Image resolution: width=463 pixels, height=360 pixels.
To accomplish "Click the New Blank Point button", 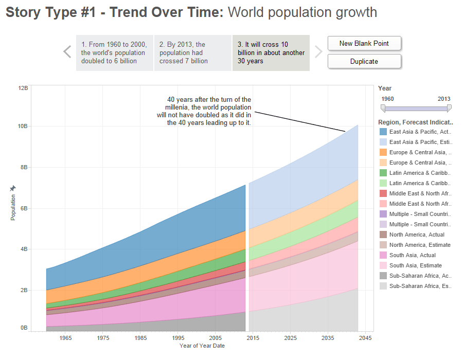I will (364, 44).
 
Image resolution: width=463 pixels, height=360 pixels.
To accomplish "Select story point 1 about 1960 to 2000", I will (115, 53).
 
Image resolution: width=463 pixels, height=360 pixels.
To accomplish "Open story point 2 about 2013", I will (192, 53).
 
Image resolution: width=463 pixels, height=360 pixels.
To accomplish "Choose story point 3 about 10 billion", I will (271, 53).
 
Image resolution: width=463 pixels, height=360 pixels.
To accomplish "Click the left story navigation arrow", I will (67, 52).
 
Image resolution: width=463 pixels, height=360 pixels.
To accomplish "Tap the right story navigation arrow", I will (318, 52).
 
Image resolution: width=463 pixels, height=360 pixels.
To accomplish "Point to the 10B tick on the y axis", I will (23, 126).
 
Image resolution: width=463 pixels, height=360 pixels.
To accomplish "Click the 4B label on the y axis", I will (23, 249).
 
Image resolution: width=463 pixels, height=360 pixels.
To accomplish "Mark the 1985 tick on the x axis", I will (141, 338).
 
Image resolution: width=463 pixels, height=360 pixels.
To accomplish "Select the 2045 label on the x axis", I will (365, 338).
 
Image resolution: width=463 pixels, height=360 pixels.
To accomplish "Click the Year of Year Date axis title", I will (202, 346).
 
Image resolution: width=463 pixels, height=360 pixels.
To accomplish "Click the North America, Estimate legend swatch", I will (383, 245).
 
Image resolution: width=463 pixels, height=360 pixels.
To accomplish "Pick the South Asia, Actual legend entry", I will (412, 255).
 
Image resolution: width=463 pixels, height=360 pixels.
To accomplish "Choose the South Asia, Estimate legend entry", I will (415, 265).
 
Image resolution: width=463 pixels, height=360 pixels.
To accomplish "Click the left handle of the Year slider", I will (383, 108).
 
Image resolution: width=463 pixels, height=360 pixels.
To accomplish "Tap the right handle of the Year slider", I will (449, 108).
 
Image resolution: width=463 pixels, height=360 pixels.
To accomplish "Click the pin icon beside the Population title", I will (13, 189).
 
